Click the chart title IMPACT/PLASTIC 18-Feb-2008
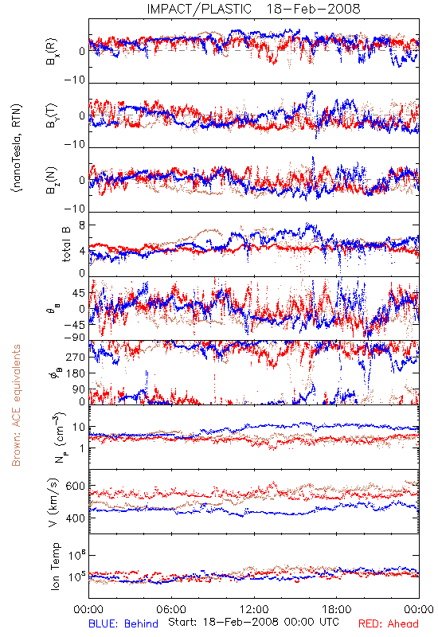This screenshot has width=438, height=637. pyautogui.click(x=253, y=9)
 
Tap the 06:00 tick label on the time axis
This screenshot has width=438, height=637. pyautogui.click(x=171, y=609)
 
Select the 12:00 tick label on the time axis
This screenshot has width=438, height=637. pyautogui.click(x=254, y=609)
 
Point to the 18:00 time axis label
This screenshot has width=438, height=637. pyautogui.click(x=337, y=609)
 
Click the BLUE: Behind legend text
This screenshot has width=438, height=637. pyautogui.click(x=123, y=623)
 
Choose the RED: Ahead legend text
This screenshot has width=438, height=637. pyautogui.click(x=388, y=623)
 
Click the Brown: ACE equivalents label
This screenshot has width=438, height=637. pyautogui.click(x=16, y=405)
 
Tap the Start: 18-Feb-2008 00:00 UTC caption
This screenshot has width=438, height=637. pyautogui.click(x=253, y=622)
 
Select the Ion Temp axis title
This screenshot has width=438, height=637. pyautogui.click(x=55, y=566)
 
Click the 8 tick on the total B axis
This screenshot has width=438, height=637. pyautogui.click(x=82, y=225)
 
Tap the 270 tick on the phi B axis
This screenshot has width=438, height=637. pyautogui.click(x=76, y=357)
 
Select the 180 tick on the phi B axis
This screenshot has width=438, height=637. pyautogui.click(x=76, y=373)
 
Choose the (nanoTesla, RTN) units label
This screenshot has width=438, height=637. pyautogui.click(x=17, y=148)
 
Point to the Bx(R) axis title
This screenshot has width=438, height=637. pyautogui.click(x=52, y=52)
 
